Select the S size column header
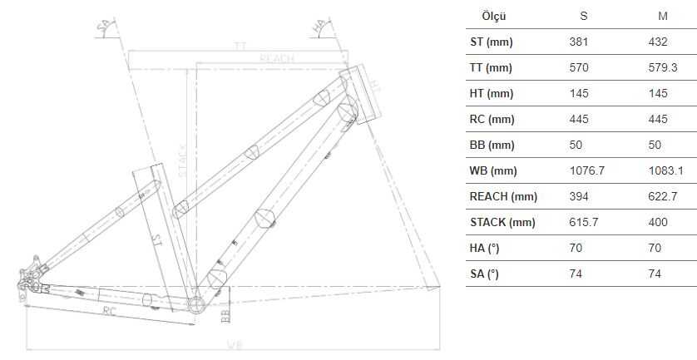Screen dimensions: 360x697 pyautogui.click(x=583, y=16)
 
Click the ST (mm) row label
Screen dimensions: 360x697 pyautogui.click(x=491, y=42)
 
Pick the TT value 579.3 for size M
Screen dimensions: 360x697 pyautogui.click(x=662, y=67)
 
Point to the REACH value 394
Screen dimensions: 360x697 pyautogui.click(x=579, y=197)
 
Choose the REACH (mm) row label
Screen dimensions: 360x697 pyautogui.click(x=503, y=197)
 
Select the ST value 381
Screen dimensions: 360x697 pyautogui.click(x=579, y=42)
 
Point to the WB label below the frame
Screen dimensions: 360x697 pyautogui.click(x=235, y=345)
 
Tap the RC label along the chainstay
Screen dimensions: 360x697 pyautogui.click(x=109, y=310)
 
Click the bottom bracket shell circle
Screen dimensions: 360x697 pyautogui.click(x=196, y=304)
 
